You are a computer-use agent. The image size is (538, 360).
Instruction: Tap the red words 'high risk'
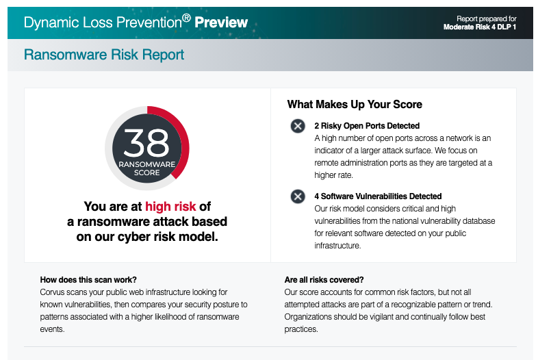[x=170, y=207]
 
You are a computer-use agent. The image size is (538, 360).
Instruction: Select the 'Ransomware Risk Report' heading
[x=103, y=55]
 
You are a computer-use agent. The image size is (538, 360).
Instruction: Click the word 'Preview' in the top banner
[x=221, y=23]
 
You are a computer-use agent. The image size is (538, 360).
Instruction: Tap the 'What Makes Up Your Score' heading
[x=355, y=105]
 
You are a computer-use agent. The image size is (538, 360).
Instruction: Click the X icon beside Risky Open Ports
[x=298, y=126]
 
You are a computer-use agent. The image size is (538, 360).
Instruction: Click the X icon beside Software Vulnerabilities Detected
[x=298, y=197]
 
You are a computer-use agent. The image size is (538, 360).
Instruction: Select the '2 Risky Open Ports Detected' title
[x=367, y=126]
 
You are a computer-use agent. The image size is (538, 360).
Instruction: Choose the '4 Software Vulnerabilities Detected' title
[x=378, y=196]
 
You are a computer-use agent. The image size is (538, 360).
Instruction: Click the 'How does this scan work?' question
[x=88, y=279]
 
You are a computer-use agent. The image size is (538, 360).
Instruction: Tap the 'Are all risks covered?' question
[x=324, y=279]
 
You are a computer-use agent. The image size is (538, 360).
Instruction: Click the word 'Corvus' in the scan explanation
[x=54, y=292]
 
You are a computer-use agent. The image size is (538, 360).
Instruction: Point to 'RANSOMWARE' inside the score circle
[x=146, y=164]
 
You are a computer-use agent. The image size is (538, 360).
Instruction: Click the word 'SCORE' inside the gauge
[x=146, y=172]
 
